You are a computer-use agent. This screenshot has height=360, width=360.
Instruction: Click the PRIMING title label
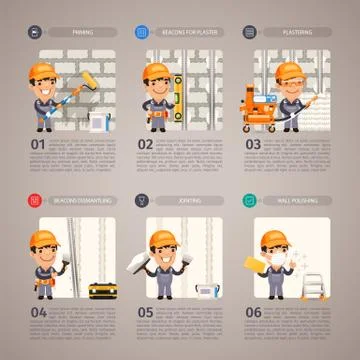(83, 32)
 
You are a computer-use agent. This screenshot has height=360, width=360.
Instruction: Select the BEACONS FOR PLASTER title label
(190, 32)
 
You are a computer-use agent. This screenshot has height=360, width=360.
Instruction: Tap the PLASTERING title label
(297, 32)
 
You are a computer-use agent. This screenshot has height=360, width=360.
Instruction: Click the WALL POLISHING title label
(297, 200)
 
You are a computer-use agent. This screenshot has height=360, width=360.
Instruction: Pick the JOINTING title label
(190, 200)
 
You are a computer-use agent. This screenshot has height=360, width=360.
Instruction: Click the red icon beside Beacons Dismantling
(34, 200)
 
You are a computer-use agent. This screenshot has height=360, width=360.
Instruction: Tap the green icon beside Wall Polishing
(248, 200)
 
